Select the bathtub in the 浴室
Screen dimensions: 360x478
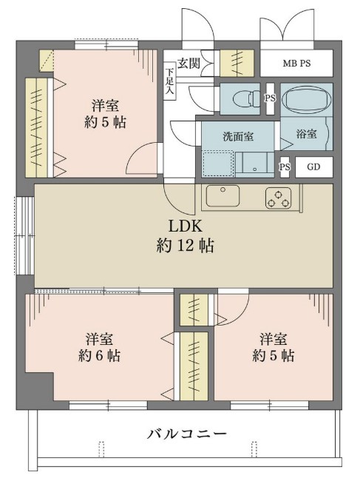click(306, 99)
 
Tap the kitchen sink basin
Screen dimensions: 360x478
click(223, 195)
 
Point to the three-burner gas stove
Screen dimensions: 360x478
click(279, 198)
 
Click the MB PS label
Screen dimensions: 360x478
click(296, 64)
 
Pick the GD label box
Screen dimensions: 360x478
click(313, 166)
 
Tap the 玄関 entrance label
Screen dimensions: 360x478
click(189, 63)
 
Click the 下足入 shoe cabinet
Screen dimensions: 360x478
click(169, 81)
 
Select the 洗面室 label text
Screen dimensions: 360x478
click(238, 136)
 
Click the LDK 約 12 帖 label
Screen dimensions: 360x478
click(186, 236)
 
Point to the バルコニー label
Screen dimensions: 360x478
click(187, 433)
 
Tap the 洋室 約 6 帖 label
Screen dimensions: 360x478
click(99, 347)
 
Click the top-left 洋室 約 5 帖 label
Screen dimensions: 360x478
click(105, 114)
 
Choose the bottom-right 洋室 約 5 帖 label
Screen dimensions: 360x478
click(274, 347)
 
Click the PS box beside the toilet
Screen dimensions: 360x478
click(270, 98)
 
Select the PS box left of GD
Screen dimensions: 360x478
click(285, 166)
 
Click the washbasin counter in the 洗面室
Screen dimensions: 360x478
click(255, 164)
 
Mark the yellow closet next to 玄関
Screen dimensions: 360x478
click(237, 63)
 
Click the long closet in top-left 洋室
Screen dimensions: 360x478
click(36, 128)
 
